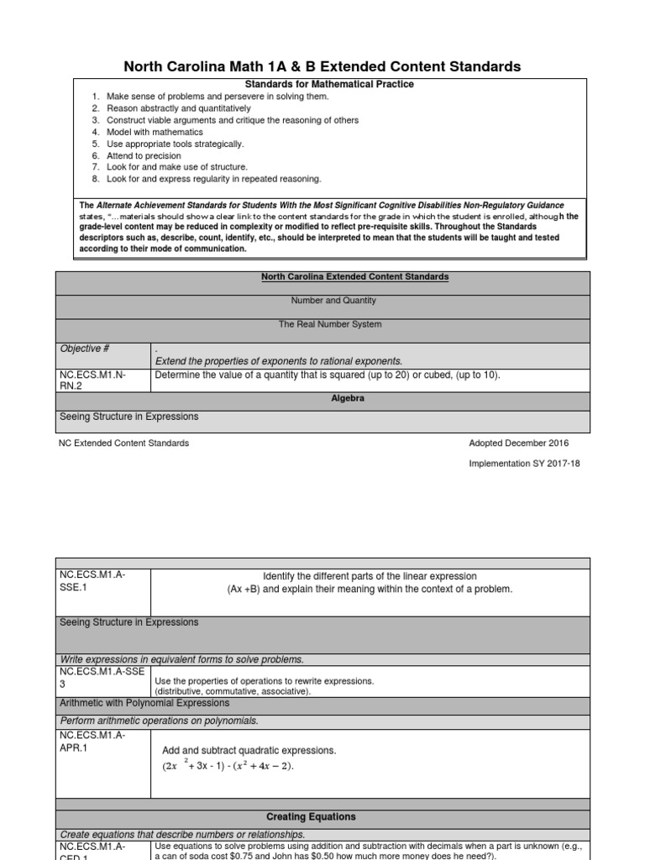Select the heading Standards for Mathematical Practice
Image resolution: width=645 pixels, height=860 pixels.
pos(317,85)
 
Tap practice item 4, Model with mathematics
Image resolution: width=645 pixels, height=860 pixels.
pos(155,132)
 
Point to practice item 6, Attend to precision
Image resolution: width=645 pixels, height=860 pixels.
pos(143,155)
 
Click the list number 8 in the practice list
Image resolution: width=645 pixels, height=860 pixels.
pos(97,179)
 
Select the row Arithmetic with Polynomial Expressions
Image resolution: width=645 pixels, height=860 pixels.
pos(144,703)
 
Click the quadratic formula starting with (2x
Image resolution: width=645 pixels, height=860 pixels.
pos(228,766)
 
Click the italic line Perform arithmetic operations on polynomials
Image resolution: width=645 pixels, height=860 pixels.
pos(160,721)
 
